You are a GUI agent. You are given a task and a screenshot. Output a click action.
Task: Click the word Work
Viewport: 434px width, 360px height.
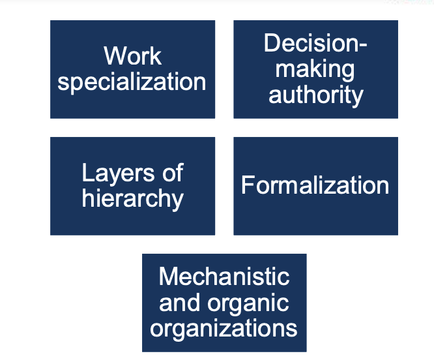click(x=132, y=56)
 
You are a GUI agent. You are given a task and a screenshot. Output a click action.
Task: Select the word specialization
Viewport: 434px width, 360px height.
click(x=132, y=82)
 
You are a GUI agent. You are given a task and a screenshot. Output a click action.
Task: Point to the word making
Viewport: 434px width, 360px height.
click(x=315, y=69)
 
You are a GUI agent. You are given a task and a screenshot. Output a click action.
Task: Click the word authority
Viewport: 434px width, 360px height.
click(x=315, y=95)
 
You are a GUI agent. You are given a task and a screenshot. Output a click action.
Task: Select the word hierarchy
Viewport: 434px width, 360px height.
click(x=132, y=199)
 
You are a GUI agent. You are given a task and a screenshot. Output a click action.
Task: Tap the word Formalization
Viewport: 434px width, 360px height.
click(x=315, y=186)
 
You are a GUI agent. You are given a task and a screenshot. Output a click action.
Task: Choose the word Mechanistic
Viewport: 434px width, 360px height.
click(x=224, y=277)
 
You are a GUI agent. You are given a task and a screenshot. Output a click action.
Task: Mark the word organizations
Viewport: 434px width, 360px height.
click(x=224, y=328)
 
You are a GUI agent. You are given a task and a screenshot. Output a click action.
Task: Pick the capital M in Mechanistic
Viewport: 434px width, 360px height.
click(x=169, y=277)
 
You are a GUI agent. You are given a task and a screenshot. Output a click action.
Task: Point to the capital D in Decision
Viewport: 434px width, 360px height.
click(x=272, y=44)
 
